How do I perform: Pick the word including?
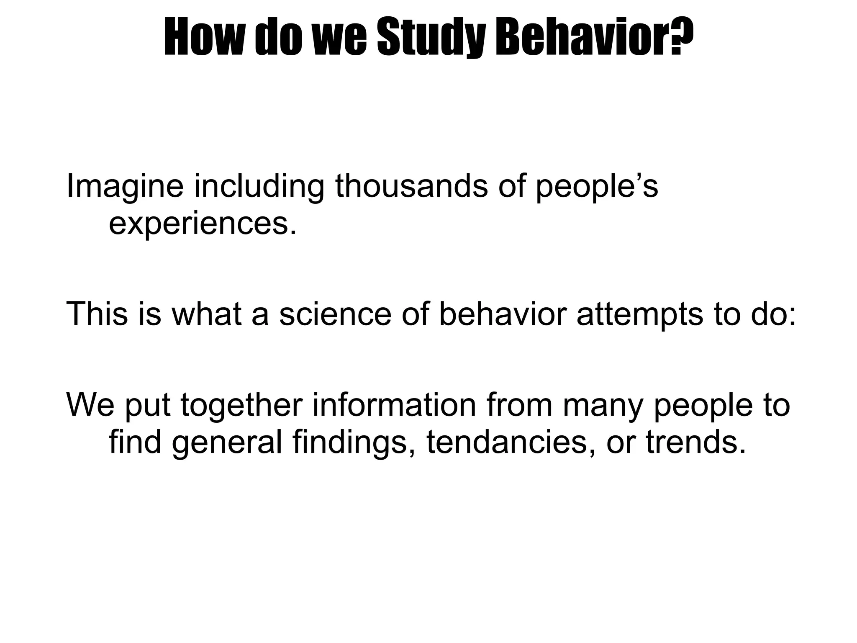pyautogui.click(x=259, y=187)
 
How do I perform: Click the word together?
pyautogui.click(x=241, y=406)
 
